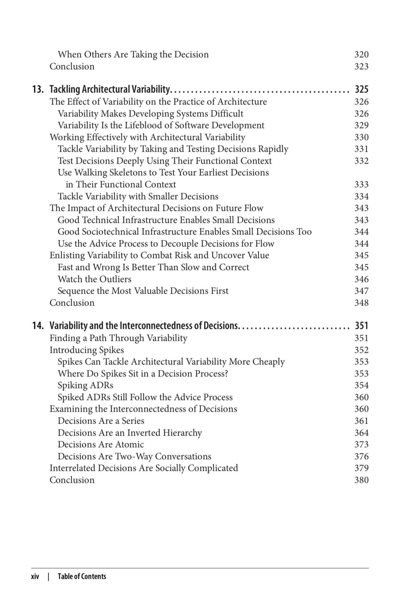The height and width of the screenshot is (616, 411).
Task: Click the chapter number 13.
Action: click(x=38, y=89)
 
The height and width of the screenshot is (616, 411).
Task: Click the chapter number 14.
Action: click(x=38, y=326)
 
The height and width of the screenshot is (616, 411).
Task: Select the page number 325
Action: click(x=362, y=89)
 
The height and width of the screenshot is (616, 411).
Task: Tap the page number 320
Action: click(x=362, y=55)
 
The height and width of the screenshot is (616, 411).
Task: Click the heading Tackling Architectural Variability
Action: click(x=110, y=89)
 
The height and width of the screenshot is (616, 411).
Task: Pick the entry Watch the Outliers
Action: click(x=94, y=279)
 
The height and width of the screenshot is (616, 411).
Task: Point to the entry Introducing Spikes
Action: click(x=87, y=350)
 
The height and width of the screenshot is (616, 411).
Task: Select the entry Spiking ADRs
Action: click(x=85, y=385)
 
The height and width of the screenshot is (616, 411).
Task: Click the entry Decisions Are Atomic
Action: click(x=101, y=445)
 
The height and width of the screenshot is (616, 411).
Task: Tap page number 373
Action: click(x=362, y=445)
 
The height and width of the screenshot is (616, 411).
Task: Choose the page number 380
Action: click(x=362, y=480)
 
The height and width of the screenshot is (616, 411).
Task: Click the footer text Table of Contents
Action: click(x=82, y=576)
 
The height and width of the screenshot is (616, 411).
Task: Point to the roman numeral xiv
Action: click(x=35, y=576)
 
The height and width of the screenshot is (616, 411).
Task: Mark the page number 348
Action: click(x=362, y=303)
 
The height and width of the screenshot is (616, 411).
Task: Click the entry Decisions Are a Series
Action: click(x=101, y=421)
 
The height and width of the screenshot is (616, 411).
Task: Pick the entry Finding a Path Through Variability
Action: click(x=119, y=338)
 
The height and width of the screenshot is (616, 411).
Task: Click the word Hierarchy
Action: click(x=182, y=433)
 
